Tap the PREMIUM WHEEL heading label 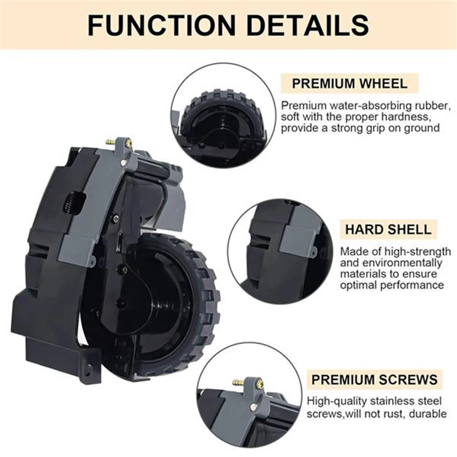(349, 83)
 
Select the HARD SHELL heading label (388, 230)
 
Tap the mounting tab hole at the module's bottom (89, 369)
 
